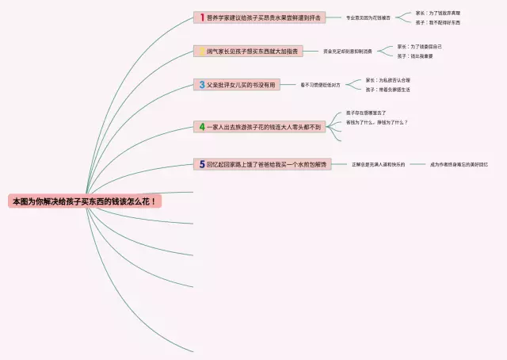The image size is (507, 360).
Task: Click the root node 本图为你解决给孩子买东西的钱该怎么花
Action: [85, 201]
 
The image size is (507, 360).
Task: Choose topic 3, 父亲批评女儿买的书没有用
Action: [238, 84]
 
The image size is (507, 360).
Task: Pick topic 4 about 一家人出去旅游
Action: [261, 126]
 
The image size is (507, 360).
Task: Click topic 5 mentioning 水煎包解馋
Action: [264, 164]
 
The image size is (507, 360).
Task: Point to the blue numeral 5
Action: [202, 164]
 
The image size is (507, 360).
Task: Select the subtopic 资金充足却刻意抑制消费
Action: [347, 52]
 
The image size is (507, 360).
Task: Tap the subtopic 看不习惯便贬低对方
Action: [320, 84]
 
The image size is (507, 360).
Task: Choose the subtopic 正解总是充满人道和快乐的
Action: [378, 164]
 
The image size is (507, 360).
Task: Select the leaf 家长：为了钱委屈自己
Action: [420, 47]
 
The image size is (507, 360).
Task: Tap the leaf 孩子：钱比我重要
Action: [415, 56]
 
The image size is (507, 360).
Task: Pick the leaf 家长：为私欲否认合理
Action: [388, 80]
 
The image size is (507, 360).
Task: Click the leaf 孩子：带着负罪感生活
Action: [387, 90]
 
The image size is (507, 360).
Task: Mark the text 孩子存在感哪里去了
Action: [366, 113]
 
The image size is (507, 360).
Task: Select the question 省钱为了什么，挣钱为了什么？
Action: [377, 123]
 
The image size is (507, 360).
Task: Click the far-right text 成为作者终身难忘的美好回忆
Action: [459, 164]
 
